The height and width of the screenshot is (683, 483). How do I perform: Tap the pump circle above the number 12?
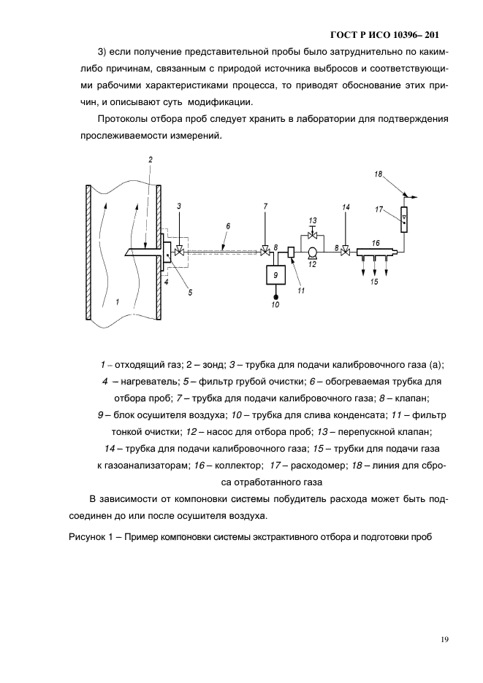click(x=312, y=252)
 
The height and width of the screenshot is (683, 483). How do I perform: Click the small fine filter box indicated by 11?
click(x=290, y=252)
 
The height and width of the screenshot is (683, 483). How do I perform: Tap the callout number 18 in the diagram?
click(x=378, y=174)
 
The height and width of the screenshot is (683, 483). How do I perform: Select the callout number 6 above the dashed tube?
click(x=227, y=226)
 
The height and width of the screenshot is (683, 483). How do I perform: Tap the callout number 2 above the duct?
click(x=150, y=158)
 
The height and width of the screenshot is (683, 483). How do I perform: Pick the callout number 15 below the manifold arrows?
click(x=373, y=281)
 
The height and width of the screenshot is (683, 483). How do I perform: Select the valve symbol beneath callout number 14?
click(x=346, y=252)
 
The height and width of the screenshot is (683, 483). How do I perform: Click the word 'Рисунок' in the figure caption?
click(x=88, y=539)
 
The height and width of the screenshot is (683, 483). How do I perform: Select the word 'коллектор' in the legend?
click(x=232, y=465)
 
